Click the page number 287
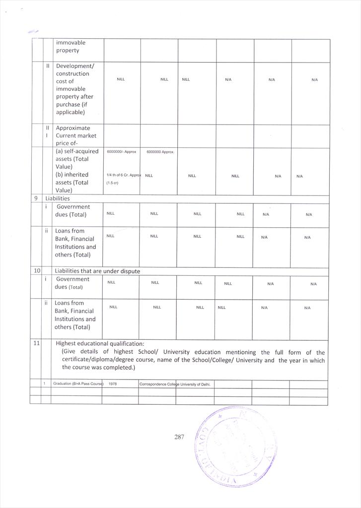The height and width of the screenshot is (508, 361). tap(179, 437)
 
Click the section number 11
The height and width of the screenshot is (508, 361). tap(36, 343)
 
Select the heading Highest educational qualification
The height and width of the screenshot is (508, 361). tap(100, 343)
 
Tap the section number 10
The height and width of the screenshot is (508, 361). tap(36, 271)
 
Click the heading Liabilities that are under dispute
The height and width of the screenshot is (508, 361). tap(97, 271)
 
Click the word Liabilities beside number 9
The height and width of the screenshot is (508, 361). tap(58, 198)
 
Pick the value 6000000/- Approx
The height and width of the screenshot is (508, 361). tap(121, 152)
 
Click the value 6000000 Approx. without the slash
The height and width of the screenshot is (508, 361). tap(160, 152)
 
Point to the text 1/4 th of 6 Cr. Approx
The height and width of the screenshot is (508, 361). tap(124, 176)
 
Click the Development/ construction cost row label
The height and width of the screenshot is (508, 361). tap(75, 89)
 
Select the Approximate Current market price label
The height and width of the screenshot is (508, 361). tap(76, 135)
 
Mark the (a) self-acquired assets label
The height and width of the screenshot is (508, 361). tap(77, 159)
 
